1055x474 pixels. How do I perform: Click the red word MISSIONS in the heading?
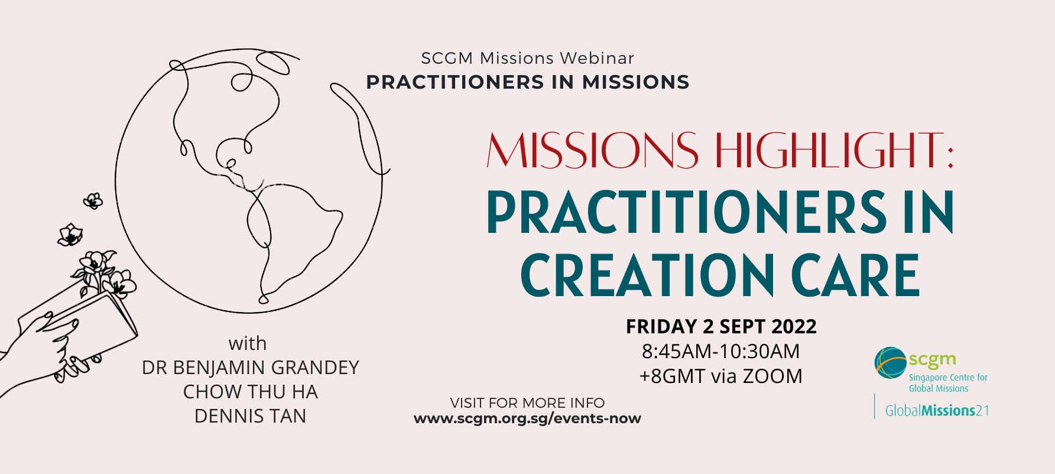pos(592,150)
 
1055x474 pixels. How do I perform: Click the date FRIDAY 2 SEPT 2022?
pos(721,326)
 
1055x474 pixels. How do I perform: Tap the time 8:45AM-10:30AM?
pos(721,351)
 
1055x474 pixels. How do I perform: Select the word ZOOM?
pos(772,376)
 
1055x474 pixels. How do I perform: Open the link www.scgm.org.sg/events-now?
pos(527,418)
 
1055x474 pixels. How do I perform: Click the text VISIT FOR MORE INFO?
pos(527,403)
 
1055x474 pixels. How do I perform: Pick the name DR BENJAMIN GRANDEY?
pos(251,368)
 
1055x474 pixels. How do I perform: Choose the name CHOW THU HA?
pos(251,392)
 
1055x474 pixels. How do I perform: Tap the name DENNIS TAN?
pos(251,416)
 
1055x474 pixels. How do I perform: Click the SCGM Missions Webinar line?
pos(528,58)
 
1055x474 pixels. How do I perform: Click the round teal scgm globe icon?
pos(891,363)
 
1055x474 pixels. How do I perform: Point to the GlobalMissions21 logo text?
pos(937,411)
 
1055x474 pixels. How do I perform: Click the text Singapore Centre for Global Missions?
pos(948,382)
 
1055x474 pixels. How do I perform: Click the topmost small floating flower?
pos(93,201)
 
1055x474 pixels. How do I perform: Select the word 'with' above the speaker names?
pos(248,343)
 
